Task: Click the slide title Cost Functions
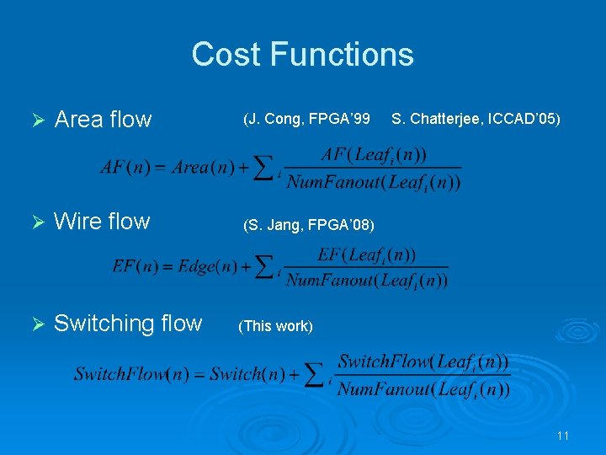click(x=302, y=55)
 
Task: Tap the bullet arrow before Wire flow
click(x=36, y=222)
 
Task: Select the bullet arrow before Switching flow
click(x=36, y=324)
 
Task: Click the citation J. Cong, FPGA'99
click(x=306, y=120)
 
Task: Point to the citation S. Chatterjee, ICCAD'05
click(x=476, y=120)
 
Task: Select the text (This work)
click(x=276, y=326)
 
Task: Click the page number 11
click(x=563, y=436)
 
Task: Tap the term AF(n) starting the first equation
click(x=124, y=167)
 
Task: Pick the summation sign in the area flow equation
click(x=264, y=168)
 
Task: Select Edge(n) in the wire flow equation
click(x=209, y=266)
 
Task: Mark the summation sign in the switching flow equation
click(x=315, y=374)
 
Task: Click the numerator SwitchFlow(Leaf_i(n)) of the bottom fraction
click(x=423, y=361)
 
